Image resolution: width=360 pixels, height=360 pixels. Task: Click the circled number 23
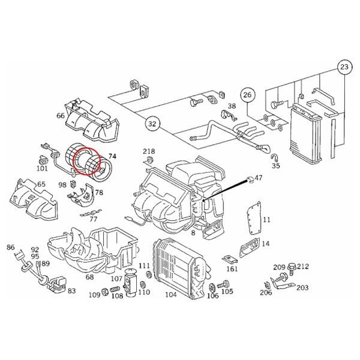tap(344, 67)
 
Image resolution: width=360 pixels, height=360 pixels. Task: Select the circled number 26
tap(248, 95)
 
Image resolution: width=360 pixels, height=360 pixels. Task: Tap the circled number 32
tap(152, 124)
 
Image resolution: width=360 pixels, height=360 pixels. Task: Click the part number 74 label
tap(112, 156)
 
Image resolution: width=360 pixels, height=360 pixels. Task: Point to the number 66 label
tap(61, 116)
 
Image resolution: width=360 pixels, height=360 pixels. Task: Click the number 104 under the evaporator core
tap(170, 295)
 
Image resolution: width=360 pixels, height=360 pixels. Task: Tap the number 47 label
tap(259, 178)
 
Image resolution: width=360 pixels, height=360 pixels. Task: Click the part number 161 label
tap(232, 269)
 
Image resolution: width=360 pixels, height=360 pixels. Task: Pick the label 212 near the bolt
tap(302, 266)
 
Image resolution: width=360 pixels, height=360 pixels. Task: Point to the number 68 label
tap(89, 277)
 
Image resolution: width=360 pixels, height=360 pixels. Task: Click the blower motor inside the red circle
tap(84, 161)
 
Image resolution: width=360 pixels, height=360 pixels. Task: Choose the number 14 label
tap(266, 244)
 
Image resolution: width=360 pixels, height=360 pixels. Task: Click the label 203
tap(302, 288)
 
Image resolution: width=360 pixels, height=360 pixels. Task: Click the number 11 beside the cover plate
tap(266, 220)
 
